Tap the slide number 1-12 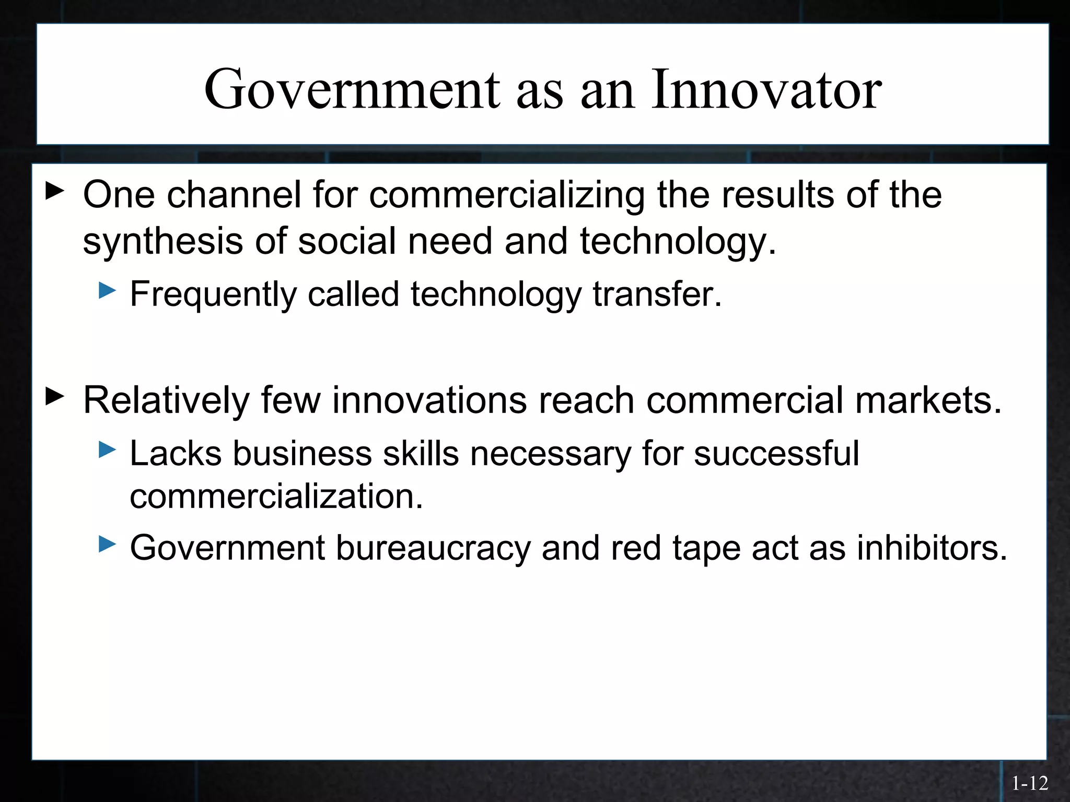click(x=1030, y=783)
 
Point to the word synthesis click(x=162, y=242)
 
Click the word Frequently click(x=213, y=294)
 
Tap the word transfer click(x=657, y=294)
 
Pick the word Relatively click(x=166, y=401)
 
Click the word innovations click(x=429, y=401)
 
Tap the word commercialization click(x=276, y=496)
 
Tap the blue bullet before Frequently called click(x=107, y=290)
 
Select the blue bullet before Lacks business click(x=107, y=450)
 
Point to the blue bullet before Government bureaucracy click(x=107, y=545)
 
